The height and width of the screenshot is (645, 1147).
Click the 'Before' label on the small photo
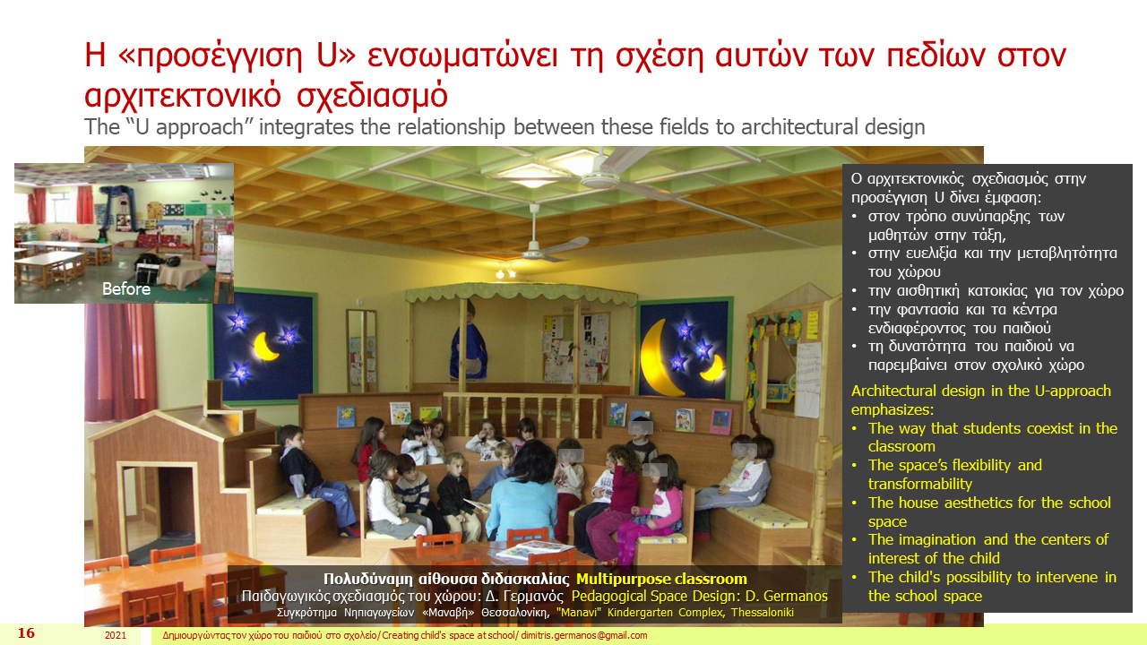126,289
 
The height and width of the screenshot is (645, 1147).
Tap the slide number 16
26,633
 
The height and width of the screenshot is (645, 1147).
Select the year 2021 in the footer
116,635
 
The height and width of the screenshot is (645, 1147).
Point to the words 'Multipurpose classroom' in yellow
661,579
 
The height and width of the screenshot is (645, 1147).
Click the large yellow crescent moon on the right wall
660,357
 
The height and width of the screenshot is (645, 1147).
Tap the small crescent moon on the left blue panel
266,346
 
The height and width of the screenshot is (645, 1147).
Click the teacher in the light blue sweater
522,492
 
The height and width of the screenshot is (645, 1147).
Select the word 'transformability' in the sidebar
920,484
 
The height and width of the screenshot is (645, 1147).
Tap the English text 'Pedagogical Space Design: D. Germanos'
700,597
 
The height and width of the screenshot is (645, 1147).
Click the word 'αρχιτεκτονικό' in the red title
183,95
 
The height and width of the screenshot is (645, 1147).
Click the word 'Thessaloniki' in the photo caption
763,612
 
